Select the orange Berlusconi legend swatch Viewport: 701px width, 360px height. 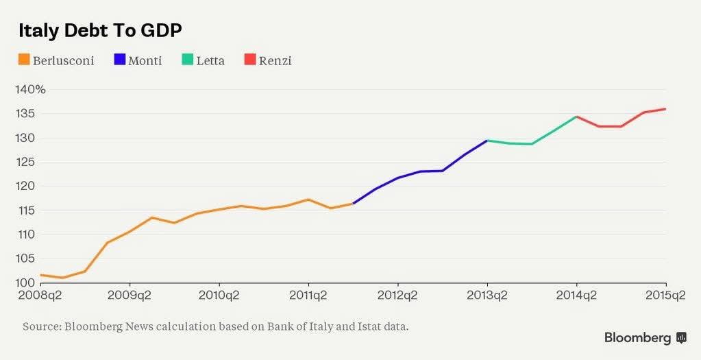pyautogui.click(x=24, y=60)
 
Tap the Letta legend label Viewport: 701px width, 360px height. pyautogui.click(x=210, y=61)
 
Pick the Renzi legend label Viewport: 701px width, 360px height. pyautogui.click(x=275, y=61)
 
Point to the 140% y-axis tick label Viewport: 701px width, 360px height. pyautogui.click(x=30, y=90)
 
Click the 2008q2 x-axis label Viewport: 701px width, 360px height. pyautogui.click(x=39, y=296)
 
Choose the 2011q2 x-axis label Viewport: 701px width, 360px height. pyautogui.click(x=308, y=296)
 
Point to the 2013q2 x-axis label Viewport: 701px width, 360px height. pyautogui.click(x=487, y=296)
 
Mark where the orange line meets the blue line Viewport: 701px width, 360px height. pyautogui.click(x=353, y=203)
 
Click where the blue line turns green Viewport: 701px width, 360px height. pyautogui.click(x=487, y=141)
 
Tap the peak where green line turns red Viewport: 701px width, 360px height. pyautogui.click(x=576, y=117)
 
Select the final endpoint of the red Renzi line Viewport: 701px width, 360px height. pyautogui.click(x=665, y=109)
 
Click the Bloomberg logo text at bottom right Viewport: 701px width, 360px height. pyautogui.click(x=637, y=338)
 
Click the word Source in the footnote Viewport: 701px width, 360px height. pyautogui.click(x=40, y=326)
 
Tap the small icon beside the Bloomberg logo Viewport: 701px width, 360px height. pyautogui.click(x=681, y=337)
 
